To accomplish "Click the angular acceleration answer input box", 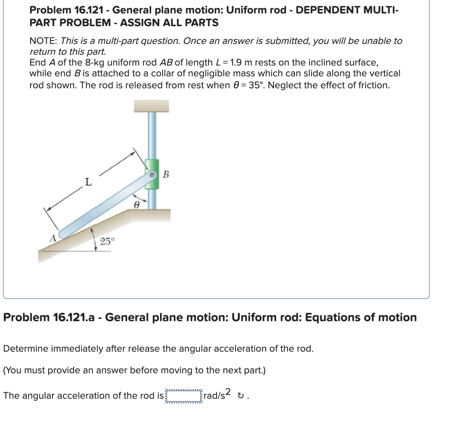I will [183, 396].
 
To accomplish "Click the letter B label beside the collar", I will [166, 175].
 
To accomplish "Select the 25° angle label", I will [107, 242].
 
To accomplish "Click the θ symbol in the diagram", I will [136, 206].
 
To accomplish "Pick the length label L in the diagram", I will [88, 182].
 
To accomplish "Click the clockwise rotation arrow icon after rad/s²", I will [241, 396].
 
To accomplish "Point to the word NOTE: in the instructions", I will [44, 41].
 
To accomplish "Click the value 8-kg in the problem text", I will [94, 62].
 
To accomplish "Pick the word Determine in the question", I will [26, 349].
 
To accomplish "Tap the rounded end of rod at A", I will [64, 234].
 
